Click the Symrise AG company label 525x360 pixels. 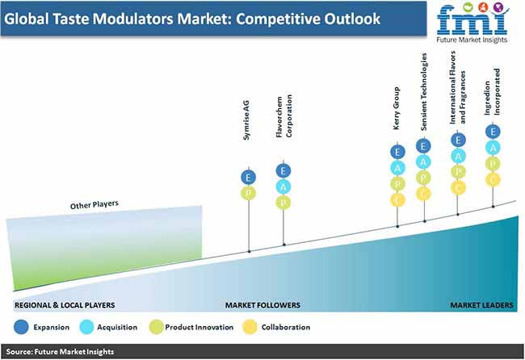point(246,120)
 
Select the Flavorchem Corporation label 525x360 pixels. point(284,115)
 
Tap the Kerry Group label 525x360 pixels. point(397,108)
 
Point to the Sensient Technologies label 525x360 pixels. point(424,91)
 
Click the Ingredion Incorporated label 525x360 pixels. point(492,92)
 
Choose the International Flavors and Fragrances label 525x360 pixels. point(457,87)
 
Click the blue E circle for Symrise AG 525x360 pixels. point(249,178)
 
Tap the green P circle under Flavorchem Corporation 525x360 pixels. point(283,203)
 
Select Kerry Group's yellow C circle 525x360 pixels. point(397,200)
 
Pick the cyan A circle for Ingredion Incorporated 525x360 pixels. point(493,148)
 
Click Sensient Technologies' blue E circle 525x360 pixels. point(423,146)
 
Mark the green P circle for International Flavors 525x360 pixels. point(458,172)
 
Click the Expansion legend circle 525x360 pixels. point(21,327)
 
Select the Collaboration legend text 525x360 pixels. point(286,327)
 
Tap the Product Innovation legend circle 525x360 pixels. point(156,327)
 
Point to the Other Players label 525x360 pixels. point(94,204)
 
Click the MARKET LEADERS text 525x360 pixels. point(481,305)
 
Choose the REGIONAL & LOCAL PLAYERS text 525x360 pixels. point(65,305)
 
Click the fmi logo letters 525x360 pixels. point(472,20)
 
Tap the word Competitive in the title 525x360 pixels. point(278,19)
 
